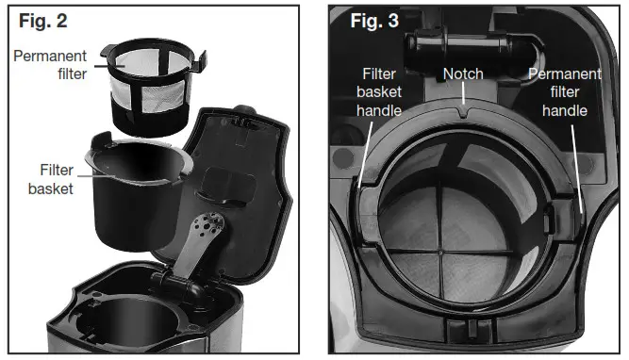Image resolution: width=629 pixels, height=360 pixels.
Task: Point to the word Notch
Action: coord(463,74)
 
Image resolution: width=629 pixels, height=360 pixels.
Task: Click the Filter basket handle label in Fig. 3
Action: coord(380,91)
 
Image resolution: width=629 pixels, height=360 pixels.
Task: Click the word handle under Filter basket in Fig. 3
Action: coord(380,110)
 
